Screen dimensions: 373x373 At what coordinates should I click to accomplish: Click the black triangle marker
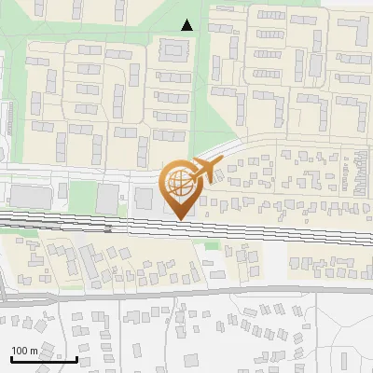(187, 25)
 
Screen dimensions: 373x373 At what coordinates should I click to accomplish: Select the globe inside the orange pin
(179, 185)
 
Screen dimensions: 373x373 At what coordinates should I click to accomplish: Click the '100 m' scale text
(25, 351)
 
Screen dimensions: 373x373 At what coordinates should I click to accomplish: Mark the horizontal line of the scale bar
(43, 359)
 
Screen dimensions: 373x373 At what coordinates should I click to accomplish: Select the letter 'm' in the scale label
(34, 351)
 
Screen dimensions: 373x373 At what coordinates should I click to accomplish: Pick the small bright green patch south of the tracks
(212, 245)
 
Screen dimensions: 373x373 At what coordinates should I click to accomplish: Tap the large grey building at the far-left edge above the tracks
(28, 196)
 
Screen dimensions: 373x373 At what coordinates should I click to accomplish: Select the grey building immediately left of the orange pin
(144, 198)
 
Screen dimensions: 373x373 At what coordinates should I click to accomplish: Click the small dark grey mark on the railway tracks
(108, 227)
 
